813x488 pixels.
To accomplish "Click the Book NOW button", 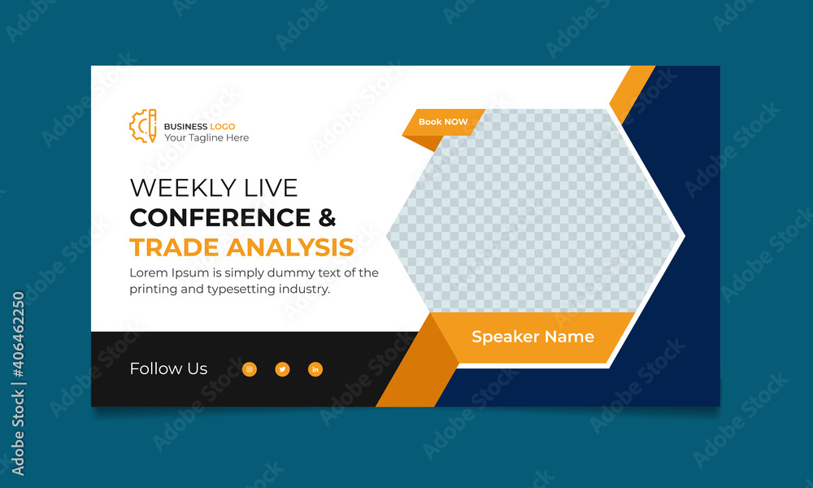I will click(443, 122).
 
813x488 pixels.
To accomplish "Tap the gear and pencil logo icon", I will click(143, 125).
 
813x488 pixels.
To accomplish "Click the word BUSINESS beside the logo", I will click(185, 126).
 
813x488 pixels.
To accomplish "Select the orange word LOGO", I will click(223, 126).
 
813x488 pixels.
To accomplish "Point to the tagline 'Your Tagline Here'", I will click(207, 138).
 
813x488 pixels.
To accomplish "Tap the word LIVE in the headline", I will click(271, 188).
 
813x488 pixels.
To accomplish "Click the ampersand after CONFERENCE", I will click(326, 218).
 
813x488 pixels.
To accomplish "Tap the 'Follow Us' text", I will click(168, 368).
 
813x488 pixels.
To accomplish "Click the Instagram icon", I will click(250, 369).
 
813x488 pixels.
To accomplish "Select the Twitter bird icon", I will click(282, 369).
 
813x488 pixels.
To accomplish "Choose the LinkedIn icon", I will click(315, 369).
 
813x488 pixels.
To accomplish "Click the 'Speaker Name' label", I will click(533, 337).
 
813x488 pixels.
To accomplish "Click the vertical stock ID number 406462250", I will click(18, 350).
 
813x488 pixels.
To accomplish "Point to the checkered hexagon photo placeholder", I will click(533, 211).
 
